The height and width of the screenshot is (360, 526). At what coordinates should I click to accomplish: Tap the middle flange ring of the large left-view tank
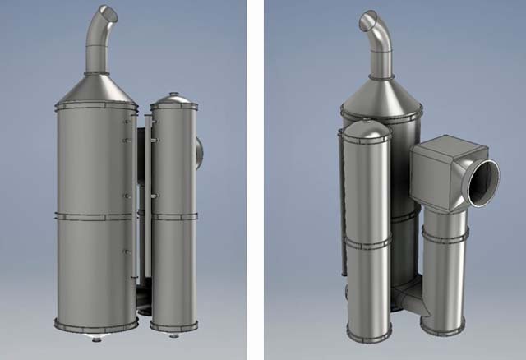(x=95, y=216)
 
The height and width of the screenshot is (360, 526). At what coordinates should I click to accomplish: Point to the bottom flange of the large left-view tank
(x=95, y=325)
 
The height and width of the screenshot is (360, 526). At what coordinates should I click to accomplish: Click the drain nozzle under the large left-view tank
(x=97, y=337)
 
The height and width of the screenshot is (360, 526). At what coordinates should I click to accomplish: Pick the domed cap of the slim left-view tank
(x=174, y=100)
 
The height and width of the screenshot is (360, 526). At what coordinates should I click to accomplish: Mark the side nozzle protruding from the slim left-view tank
(x=199, y=153)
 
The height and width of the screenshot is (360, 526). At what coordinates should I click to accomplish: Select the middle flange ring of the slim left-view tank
(x=174, y=217)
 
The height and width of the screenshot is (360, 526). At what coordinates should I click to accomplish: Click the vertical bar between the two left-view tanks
(x=145, y=205)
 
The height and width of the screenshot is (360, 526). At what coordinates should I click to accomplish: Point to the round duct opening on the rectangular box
(x=482, y=182)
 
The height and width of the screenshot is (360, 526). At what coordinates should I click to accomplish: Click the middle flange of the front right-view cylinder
(x=367, y=243)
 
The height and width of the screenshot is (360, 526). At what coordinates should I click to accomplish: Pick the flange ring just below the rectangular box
(x=444, y=237)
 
